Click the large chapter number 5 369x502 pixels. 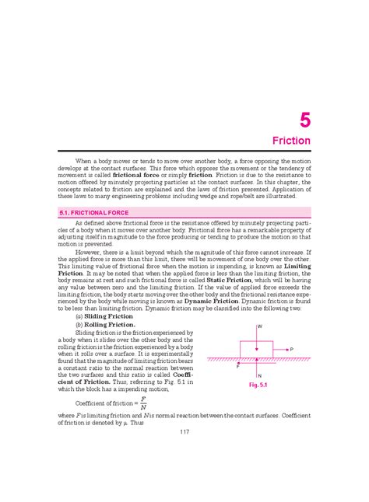[x=304, y=120]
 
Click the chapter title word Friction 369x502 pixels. [x=291, y=141]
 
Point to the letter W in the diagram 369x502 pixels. [x=259, y=326]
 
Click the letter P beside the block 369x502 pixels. [x=290, y=350]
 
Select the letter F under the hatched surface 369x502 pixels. [x=238, y=366]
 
